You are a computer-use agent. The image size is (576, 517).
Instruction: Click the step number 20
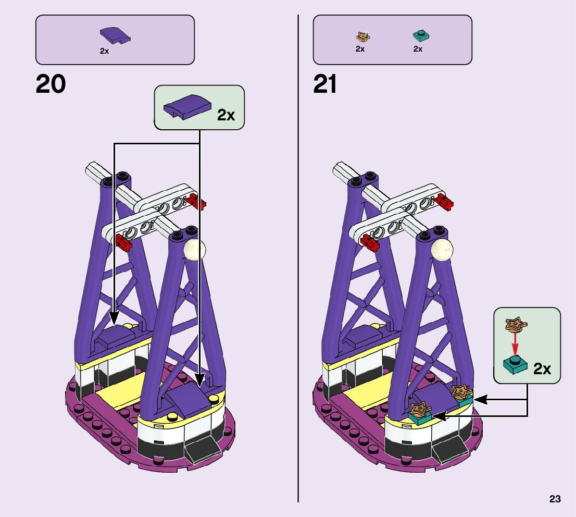pos(51,84)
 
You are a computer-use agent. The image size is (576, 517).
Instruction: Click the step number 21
pos(325,84)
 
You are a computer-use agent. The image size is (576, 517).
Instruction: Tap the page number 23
pos(555,499)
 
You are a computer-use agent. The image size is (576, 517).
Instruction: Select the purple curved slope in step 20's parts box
pos(115,35)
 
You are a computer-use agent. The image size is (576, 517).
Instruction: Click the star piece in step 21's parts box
pos(362,36)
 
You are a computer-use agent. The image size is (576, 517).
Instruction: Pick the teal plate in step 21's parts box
pos(420,35)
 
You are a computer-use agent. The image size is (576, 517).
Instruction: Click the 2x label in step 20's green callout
pos(226,114)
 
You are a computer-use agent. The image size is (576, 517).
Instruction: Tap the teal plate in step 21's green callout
pos(515,365)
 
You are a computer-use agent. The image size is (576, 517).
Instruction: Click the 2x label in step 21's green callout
pos(542,369)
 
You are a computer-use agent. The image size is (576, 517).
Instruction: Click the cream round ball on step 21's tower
pos(442,250)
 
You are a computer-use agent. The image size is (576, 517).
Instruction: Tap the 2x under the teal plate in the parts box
pos(418,49)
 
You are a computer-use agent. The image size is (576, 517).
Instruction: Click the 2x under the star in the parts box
pos(360,49)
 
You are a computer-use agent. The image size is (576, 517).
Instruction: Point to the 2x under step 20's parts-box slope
pos(105,51)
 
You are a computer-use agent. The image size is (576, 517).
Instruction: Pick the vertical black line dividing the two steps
pos(298,261)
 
